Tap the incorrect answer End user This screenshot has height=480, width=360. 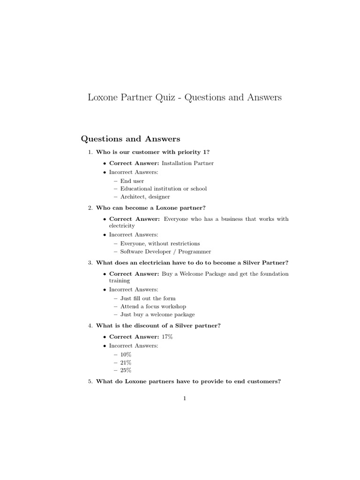132,180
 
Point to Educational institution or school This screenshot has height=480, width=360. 163,188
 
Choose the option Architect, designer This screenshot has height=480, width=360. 145,197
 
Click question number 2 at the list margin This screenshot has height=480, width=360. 90,207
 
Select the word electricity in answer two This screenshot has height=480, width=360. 122,226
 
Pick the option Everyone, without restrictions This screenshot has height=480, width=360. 160,243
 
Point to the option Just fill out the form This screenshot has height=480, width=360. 148,298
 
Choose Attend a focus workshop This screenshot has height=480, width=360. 150,306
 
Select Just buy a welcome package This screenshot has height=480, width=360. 157,315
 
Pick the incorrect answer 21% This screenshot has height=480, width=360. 126,362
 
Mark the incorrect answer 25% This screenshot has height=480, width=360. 126,370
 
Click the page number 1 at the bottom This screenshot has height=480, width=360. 185,398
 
